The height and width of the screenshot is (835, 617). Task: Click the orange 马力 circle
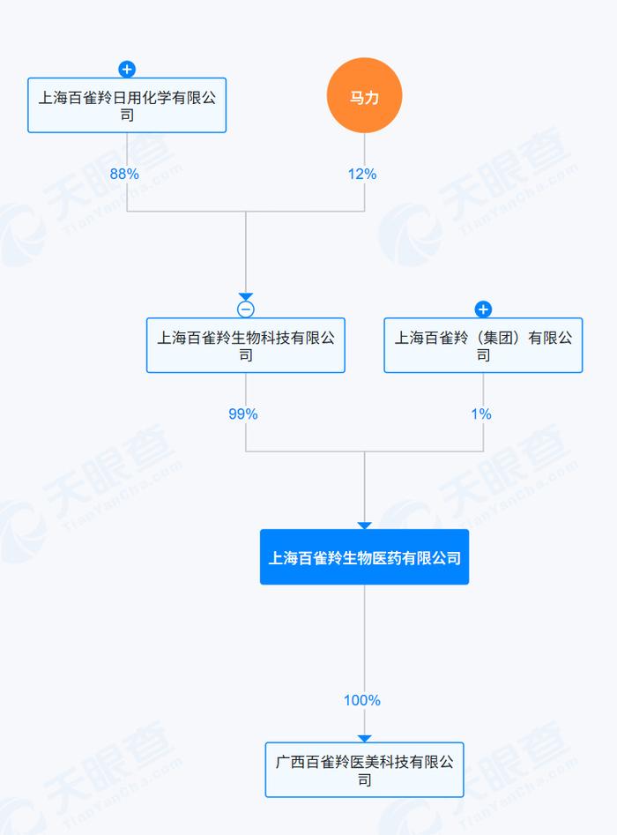click(x=364, y=95)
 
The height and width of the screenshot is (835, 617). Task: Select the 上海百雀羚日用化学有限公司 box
click(x=127, y=106)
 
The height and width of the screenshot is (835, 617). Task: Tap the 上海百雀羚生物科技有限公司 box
click(x=245, y=345)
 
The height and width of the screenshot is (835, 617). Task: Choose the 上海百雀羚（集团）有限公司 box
click(x=483, y=345)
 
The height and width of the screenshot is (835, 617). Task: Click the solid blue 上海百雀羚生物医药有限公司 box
click(x=364, y=557)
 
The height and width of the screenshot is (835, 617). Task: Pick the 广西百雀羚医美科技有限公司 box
click(x=364, y=770)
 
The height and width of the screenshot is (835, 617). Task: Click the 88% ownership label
click(x=124, y=174)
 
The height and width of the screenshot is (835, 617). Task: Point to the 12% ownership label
click(x=362, y=174)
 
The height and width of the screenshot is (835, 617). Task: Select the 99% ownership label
click(x=242, y=414)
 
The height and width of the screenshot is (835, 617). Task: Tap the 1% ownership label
click(x=480, y=414)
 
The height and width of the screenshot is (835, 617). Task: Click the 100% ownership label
click(x=362, y=700)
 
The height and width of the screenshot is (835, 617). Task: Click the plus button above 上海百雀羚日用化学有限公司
click(x=127, y=70)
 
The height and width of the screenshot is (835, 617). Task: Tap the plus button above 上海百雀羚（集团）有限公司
click(x=483, y=309)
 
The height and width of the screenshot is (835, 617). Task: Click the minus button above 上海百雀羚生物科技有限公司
click(x=245, y=309)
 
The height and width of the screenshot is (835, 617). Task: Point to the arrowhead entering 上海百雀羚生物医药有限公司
click(x=364, y=526)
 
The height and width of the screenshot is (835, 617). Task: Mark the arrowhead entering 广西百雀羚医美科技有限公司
click(x=364, y=738)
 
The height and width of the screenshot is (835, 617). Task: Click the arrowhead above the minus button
click(x=245, y=296)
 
